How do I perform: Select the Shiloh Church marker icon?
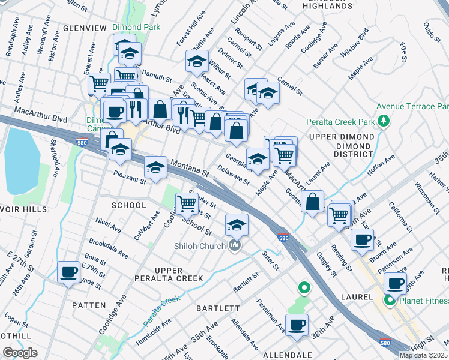click(235, 245)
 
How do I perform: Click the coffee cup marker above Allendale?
click(297, 325)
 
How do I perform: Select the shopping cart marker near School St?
click(187, 203)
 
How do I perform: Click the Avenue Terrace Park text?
click(412, 106)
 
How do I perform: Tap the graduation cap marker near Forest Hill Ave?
click(196, 60)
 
